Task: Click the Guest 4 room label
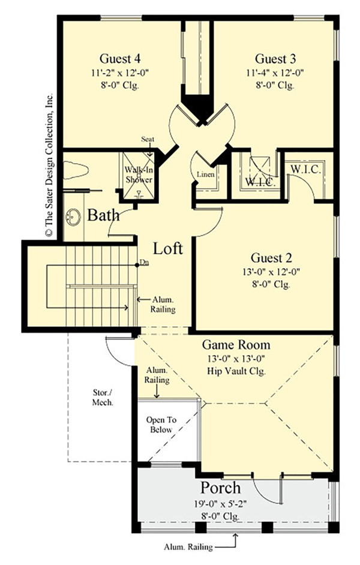coord(122,59)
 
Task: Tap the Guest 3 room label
coord(275,59)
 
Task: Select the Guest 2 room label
coord(271,259)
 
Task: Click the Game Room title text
coord(235,345)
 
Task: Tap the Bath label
coord(103,215)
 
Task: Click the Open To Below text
coord(159,425)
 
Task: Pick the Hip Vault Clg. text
coord(236,371)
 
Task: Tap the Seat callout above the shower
coord(148,140)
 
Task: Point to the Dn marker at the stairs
coord(143,262)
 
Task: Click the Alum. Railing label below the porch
coord(187,547)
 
